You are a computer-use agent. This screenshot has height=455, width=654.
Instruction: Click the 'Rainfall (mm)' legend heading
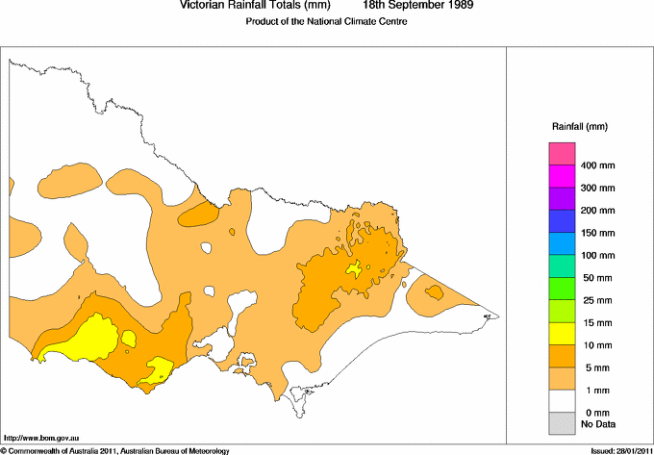(579, 126)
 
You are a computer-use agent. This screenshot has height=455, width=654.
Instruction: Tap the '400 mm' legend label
(597, 166)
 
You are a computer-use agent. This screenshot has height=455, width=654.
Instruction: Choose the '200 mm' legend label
(597, 210)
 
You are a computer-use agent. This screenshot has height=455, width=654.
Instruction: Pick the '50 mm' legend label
(594, 277)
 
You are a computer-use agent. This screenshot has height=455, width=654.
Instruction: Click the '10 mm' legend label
(594, 343)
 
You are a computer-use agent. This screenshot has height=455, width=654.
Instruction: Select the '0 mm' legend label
(592, 411)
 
